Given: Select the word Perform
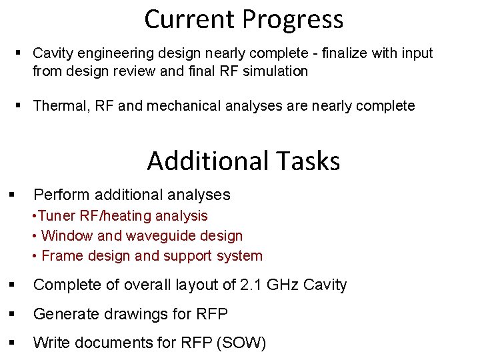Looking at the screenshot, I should [x=62, y=195].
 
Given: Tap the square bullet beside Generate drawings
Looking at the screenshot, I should [x=12, y=314].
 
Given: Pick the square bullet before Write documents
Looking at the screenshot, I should [x=12, y=343].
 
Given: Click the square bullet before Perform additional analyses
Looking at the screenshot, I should [x=12, y=195].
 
